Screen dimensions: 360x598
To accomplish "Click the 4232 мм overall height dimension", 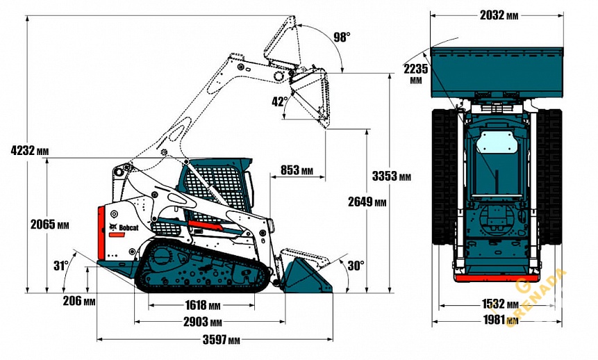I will (30, 150).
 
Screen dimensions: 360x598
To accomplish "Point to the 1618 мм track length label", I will (201, 305).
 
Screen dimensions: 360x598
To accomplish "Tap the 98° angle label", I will (342, 37).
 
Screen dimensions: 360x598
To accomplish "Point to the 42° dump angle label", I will (279, 101).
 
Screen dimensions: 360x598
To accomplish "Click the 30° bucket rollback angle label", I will (356, 265).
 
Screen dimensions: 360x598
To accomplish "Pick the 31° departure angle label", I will (61, 265).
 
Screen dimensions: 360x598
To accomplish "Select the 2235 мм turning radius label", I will (415, 73).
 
